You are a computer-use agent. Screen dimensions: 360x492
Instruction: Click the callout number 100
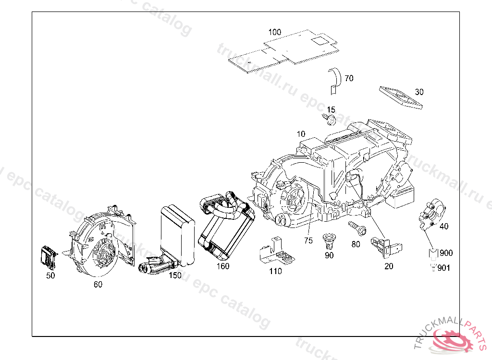tap(275, 32)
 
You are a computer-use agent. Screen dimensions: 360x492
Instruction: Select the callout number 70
tap(349, 78)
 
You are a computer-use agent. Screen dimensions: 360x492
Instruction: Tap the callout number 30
tap(419, 92)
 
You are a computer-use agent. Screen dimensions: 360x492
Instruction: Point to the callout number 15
tap(331, 110)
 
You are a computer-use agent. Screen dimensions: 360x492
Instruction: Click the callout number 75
tap(307, 240)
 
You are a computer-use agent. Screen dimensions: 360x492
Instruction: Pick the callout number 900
tap(446, 253)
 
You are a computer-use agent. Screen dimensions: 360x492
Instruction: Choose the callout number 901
tap(443, 268)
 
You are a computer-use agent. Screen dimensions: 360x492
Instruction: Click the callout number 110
tap(275, 271)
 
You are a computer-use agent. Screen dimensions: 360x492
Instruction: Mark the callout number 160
tap(222, 266)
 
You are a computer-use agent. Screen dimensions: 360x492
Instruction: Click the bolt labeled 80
tap(356, 228)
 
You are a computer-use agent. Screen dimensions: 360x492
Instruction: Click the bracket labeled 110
tap(276, 252)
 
